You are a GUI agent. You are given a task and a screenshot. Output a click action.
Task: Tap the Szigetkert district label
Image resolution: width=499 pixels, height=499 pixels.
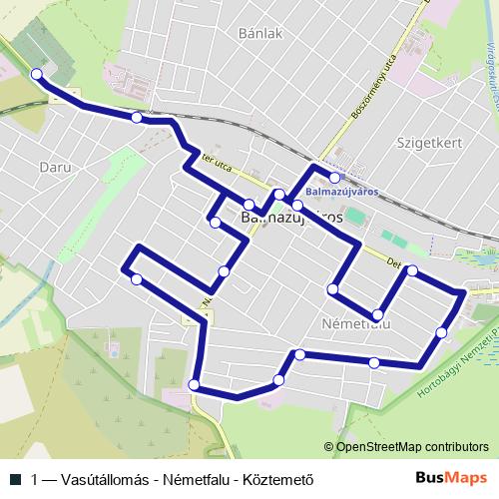point(428,142)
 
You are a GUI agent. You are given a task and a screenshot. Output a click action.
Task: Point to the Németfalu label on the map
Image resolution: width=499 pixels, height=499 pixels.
point(356,324)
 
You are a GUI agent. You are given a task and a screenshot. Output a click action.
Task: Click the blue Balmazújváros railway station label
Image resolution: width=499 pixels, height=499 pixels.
point(342,192)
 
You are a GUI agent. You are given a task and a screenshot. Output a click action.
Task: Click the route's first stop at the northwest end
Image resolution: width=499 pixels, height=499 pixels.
point(37,74)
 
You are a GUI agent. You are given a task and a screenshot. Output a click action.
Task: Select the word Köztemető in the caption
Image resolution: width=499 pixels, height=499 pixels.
point(279,478)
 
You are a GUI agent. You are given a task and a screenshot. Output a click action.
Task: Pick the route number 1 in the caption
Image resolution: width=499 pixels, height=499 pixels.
point(37,478)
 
